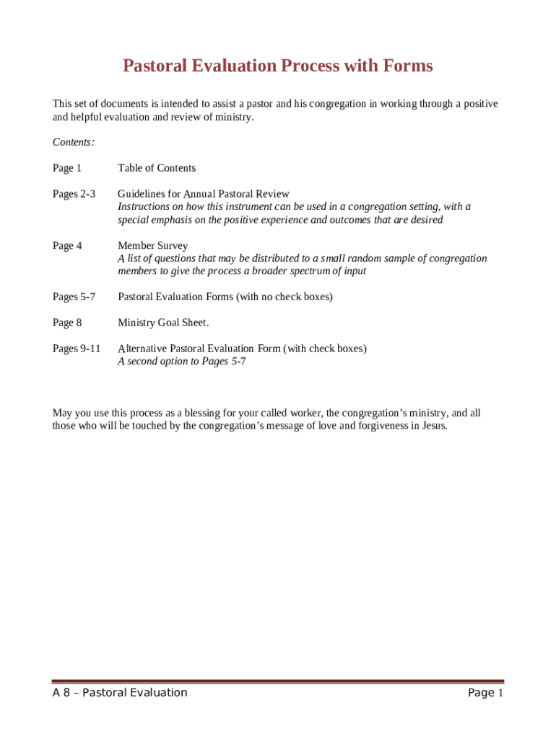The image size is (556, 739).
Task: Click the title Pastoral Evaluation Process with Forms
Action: (277, 66)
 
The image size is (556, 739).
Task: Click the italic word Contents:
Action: (74, 142)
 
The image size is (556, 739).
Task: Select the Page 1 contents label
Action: (67, 168)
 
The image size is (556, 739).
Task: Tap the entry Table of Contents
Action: (157, 168)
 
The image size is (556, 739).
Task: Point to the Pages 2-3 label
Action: (74, 194)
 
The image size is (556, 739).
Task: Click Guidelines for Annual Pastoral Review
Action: (204, 194)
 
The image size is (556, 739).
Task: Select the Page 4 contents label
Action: (67, 245)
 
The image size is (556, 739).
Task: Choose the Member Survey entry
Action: (152, 245)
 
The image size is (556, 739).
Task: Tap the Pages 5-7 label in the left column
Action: (74, 297)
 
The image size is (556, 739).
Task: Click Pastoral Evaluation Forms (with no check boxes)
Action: (225, 297)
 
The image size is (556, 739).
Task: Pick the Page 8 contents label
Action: (67, 323)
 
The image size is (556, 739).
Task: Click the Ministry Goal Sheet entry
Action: (163, 323)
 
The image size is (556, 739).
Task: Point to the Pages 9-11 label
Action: (77, 349)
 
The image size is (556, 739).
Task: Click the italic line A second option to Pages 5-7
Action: (181, 362)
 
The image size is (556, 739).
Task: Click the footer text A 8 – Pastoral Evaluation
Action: (120, 693)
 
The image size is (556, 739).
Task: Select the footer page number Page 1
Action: (485, 693)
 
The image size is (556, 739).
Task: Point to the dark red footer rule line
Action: (277, 681)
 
